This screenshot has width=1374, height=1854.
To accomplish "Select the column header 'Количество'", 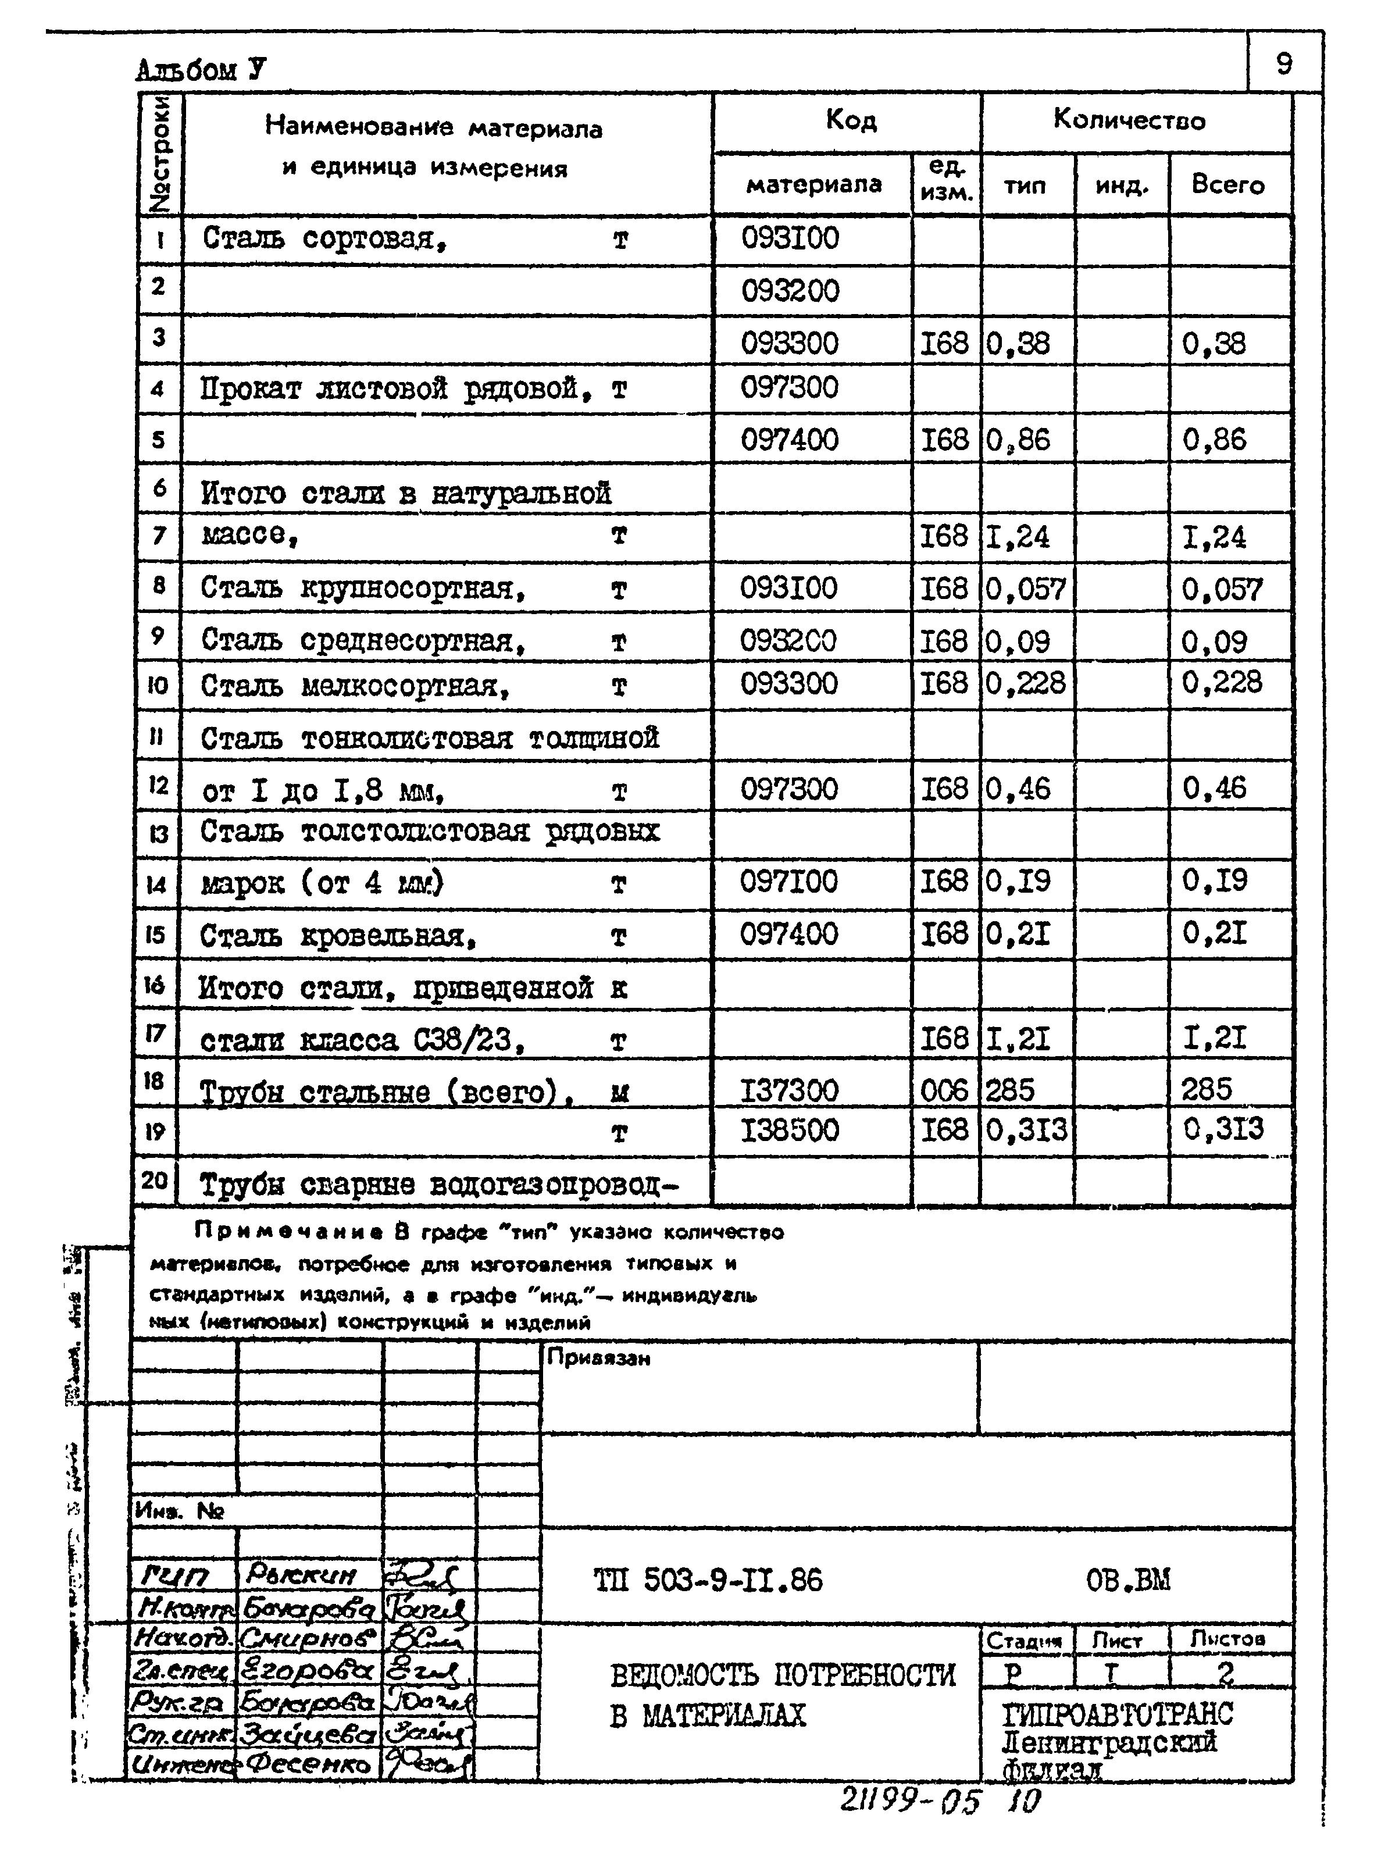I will [x=1129, y=120].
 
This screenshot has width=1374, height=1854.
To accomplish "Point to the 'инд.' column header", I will [x=1121, y=186].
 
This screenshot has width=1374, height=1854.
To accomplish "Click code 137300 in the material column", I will [x=789, y=1090].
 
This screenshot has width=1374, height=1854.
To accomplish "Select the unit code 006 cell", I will [x=945, y=1090].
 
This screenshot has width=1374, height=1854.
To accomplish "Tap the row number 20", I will [x=155, y=1179].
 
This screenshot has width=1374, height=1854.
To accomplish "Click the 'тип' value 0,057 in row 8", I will [x=1026, y=590].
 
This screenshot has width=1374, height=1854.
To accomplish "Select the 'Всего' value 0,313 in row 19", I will [x=1223, y=1129].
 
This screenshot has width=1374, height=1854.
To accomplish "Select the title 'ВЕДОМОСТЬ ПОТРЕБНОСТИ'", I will [x=783, y=1674].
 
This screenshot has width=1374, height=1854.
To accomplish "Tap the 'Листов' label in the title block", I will [x=1227, y=1639].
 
